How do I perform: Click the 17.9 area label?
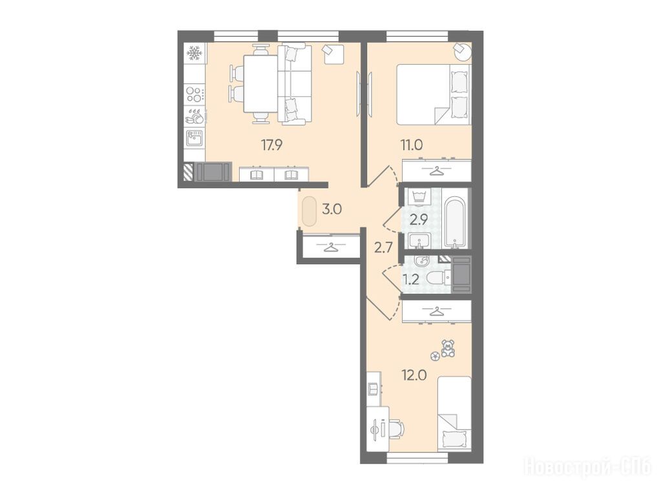coord(272,145)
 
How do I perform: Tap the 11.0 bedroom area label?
coord(411,145)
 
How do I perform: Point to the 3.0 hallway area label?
coord(331,209)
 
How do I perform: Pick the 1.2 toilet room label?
coord(410,280)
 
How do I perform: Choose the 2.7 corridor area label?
coord(384,247)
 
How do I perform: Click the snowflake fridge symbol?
coord(194,53)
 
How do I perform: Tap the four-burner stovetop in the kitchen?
coord(195,94)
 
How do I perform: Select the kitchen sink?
coord(194,138)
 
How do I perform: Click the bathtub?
coord(455,222)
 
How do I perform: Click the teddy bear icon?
coord(448,349)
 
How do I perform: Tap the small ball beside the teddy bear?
coord(435,356)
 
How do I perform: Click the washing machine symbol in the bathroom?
coord(419,197)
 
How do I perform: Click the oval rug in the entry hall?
coord(309,211)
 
